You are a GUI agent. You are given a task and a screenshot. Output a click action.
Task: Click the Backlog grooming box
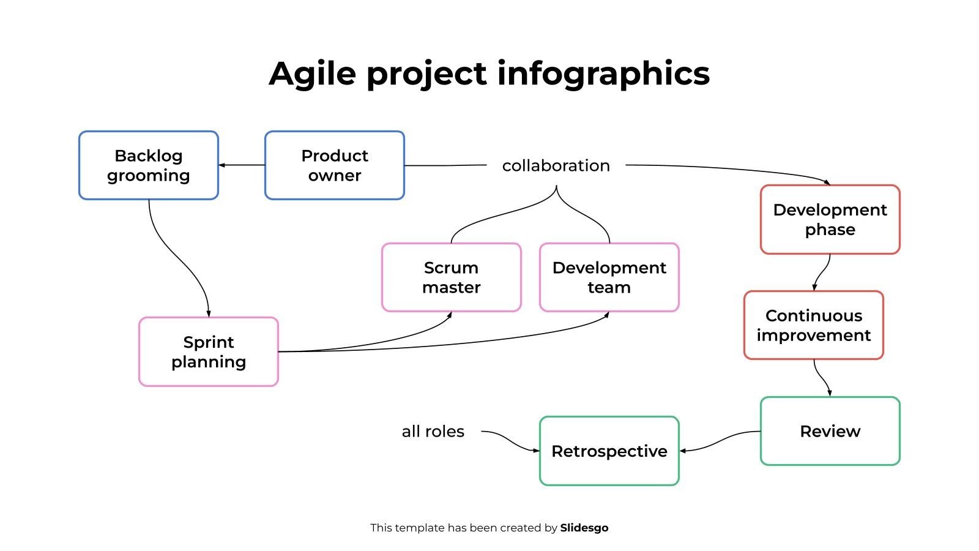149,165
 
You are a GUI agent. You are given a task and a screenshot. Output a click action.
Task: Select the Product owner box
334,165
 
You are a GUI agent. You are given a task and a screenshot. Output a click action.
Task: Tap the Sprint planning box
209,351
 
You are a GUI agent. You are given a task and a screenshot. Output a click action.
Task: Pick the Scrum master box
452,277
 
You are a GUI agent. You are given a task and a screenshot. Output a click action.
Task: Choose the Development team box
609,277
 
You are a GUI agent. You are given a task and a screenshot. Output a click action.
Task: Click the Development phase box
830,220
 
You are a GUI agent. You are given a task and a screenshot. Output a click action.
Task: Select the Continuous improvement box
814,325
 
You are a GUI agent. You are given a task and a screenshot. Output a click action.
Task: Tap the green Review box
830,431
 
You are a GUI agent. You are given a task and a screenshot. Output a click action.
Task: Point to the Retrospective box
609,451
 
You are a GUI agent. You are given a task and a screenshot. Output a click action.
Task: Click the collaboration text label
556,166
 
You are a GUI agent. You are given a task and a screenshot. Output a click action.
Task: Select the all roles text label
433,432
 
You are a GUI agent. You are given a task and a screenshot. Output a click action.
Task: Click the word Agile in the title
312,74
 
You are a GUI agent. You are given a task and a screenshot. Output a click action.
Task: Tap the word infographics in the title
603,74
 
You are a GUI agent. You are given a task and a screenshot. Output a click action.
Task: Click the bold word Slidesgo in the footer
584,528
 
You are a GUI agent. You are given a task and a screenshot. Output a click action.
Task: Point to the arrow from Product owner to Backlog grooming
242,165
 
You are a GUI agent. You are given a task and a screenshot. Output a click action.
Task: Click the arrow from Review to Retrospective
720,441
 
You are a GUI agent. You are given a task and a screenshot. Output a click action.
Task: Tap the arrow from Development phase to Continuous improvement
822,272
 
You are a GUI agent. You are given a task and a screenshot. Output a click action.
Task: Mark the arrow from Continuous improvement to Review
822,378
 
